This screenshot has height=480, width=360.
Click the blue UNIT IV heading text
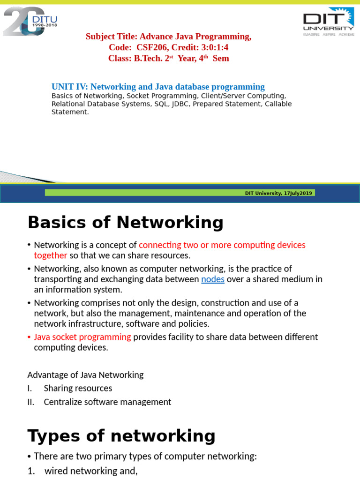pos(158,87)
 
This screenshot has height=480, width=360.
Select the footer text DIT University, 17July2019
pos(279,193)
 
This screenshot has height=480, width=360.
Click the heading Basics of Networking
pos(126,223)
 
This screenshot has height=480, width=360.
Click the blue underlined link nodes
pos(213,279)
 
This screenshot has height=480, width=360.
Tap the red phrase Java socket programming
pos(82,337)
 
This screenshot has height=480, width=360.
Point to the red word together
pos(51,255)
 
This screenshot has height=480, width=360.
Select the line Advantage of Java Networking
pos(85,375)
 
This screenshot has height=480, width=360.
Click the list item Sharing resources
pos(78,389)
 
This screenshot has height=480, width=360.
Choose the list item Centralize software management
pos(107,402)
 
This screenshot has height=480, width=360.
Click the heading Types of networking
pos(121,436)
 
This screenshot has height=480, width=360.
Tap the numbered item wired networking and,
pos(91,472)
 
